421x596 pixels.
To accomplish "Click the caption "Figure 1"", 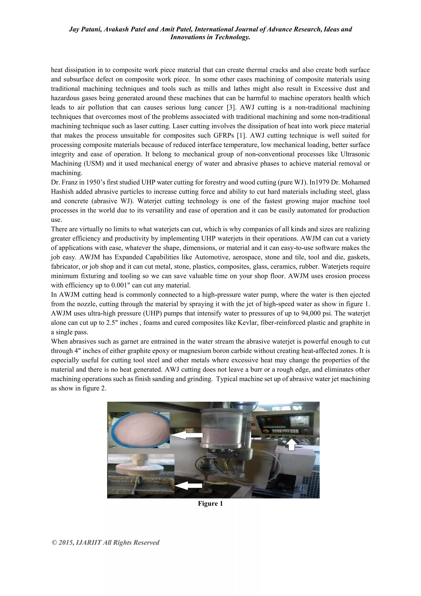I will [x=210, y=504].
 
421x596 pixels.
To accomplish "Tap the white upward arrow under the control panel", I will [x=292, y=444].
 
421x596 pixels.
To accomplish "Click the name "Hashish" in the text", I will [x=62, y=192].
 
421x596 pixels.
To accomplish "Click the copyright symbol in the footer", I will [x=54, y=543].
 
